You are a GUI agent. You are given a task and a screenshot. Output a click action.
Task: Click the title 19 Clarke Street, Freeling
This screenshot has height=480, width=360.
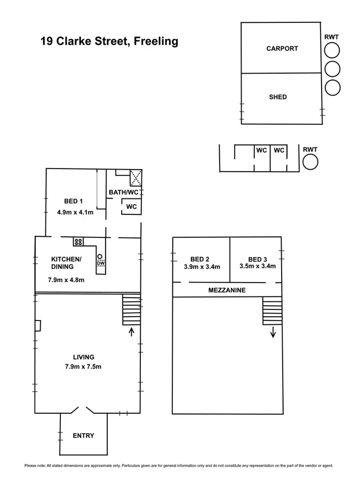109,41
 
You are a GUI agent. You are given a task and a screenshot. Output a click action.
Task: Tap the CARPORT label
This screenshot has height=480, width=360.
282,49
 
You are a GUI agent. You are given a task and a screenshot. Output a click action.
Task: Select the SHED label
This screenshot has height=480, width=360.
277,97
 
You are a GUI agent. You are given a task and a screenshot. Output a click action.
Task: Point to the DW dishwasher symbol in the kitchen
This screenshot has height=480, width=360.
100,262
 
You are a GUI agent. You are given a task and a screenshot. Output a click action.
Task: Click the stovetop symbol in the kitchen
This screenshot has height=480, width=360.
78,242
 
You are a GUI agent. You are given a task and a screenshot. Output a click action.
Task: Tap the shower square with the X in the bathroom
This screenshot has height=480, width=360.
135,176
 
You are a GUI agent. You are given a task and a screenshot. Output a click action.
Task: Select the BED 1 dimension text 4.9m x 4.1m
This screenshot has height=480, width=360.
75,212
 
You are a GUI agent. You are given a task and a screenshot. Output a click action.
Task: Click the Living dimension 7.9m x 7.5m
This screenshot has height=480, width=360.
83,366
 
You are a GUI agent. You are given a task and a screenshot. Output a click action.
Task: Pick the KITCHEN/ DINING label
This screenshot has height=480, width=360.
66,262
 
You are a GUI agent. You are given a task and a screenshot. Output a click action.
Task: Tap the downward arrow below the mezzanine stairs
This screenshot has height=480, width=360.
273,333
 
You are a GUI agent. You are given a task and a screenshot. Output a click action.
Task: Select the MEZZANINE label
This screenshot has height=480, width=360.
227,290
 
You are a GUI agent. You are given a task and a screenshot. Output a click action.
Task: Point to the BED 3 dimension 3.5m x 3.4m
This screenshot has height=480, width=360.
258,266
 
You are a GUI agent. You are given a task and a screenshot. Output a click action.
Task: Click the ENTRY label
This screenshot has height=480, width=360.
83,436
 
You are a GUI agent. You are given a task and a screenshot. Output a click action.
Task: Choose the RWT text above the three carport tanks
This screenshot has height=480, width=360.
332,37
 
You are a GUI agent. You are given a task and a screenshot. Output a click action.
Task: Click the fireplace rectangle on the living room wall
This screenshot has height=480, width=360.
38,325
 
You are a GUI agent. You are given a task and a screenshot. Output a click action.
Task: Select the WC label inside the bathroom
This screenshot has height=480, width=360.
132,206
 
